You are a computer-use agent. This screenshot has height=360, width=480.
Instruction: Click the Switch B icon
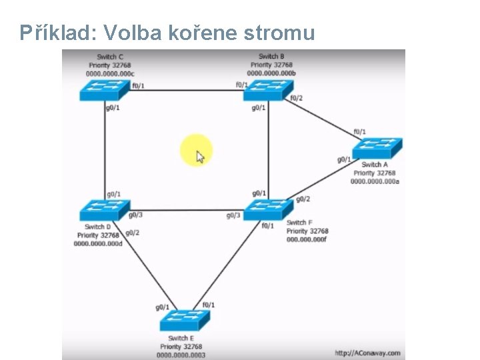[268, 90]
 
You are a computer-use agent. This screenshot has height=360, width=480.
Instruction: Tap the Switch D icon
[104, 210]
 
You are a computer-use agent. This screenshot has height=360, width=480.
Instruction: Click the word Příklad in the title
[51, 32]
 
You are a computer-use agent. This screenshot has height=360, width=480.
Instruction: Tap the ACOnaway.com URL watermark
[367, 353]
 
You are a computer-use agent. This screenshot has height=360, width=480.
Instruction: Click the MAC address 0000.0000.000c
[110, 73]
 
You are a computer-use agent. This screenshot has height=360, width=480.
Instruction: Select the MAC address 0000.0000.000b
[271, 73]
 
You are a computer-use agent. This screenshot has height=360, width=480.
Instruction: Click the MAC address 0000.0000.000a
[375, 181]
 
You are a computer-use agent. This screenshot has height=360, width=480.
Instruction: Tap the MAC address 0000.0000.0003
[181, 355]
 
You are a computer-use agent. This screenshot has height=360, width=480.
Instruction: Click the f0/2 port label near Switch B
[296, 98]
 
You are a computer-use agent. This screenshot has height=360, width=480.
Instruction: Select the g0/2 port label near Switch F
[303, 199]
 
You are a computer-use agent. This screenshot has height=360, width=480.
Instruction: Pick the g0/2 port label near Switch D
[132, 233]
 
